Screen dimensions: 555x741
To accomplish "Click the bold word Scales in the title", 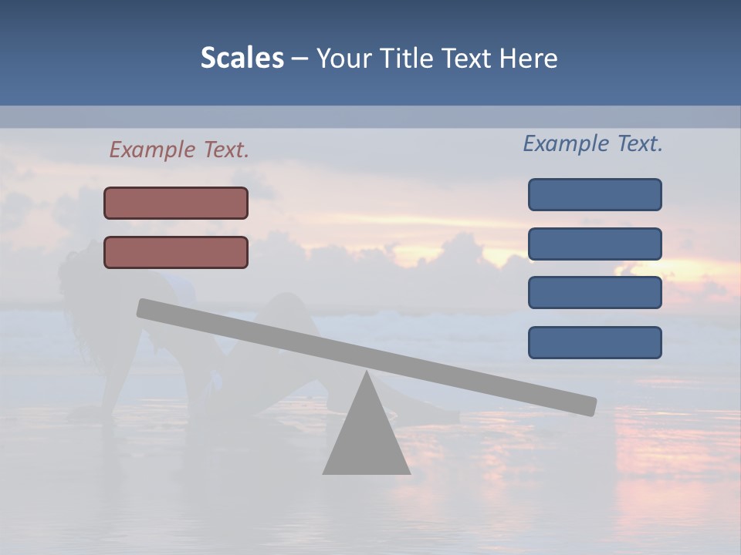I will (x=242, y=58).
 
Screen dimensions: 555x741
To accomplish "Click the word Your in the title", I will (x=344, y=58).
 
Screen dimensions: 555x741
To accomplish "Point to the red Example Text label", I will (x=179, y=150).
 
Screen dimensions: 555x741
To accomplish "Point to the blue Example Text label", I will (x=593, y=143).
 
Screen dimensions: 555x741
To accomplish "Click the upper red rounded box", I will (x=176, y=203).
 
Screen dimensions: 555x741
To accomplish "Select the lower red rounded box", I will (x=176, y=252).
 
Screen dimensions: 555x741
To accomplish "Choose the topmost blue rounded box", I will (x=594, y=194).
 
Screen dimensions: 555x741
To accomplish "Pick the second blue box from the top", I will (x=594, y=244).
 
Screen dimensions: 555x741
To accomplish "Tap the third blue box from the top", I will (x=594, y=293).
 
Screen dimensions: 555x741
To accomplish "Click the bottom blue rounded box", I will (x=594, y=342).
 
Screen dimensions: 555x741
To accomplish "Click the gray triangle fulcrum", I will (x=367, y=439).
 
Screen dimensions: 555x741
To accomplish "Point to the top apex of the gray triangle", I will (x=367, y=373).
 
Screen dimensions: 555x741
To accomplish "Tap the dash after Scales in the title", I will (x=299, y=59).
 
